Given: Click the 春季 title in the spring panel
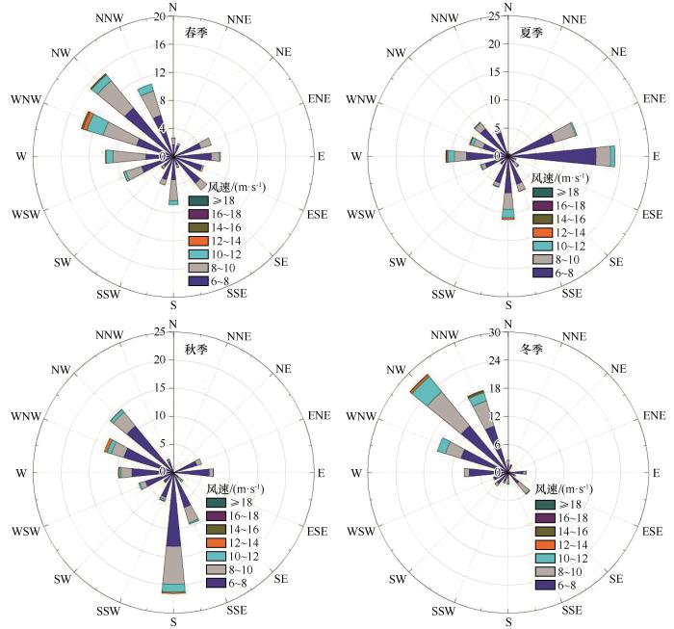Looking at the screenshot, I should [196, 32].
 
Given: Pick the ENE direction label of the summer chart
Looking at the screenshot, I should [654, 98].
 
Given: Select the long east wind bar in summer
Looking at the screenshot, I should [568, 155].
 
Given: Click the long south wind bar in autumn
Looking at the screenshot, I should [173, 539].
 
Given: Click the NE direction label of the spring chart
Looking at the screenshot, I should [284, 51].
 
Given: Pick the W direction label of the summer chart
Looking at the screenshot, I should [356, 156].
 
